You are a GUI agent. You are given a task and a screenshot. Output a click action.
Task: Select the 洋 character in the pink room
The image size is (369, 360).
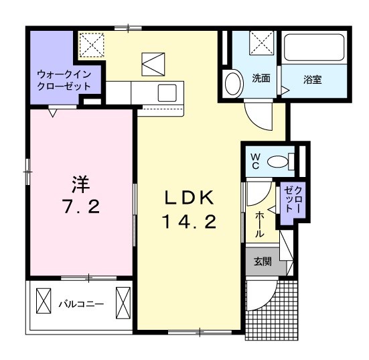tap(80, 182)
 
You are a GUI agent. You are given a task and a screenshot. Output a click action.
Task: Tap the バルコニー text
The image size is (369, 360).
tap(80, 304)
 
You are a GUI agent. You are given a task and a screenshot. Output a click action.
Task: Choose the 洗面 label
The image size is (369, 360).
tap(261, 78)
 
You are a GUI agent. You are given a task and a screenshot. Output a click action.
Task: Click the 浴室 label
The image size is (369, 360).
tap(313, 78)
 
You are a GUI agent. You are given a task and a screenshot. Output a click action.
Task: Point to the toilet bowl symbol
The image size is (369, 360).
tap(277, 161)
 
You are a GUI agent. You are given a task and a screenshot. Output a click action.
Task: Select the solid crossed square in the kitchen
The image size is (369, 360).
tap(153, 64)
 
